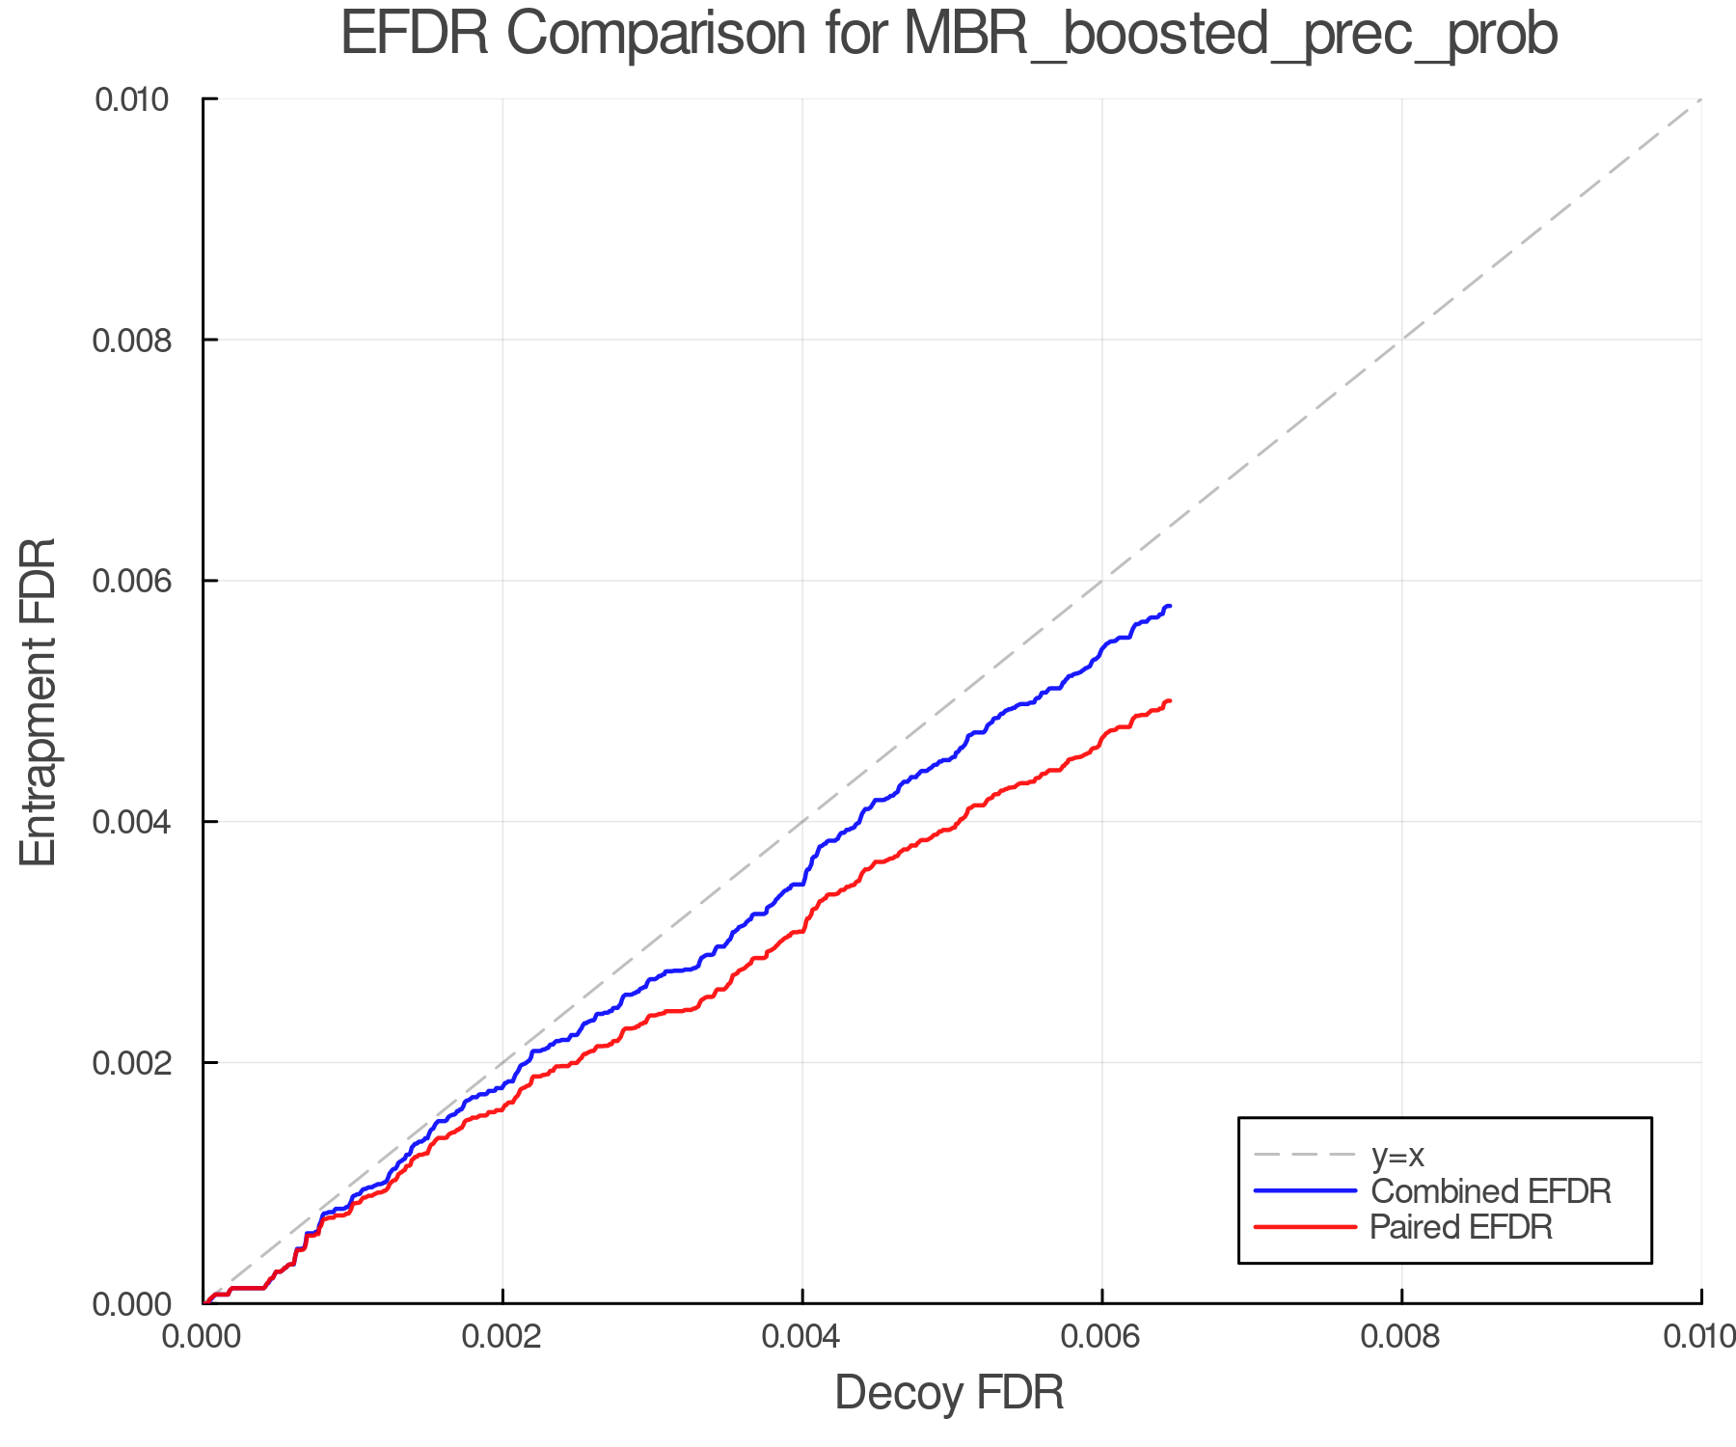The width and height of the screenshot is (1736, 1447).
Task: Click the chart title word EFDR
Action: click(x=414, y=35)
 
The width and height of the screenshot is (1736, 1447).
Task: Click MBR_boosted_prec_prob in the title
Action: click(x=1231, y=37)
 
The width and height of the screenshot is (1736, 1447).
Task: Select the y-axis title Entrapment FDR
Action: click(x=39, y=701)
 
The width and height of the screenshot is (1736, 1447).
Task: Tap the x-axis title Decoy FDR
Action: click(x=949, y=1393)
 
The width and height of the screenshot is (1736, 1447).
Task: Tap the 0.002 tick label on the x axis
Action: click(x=502, y=1336)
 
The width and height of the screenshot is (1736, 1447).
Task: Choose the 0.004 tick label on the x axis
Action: click(x=802, y=1336)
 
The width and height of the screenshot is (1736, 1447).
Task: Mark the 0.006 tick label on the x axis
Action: click(x=1101, y=1336)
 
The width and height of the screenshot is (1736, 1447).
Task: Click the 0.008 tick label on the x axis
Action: click(x=1401, y=1336)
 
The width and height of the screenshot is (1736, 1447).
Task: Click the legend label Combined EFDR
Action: click(x=1491, y=1191)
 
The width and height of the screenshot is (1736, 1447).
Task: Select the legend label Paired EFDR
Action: click(x=1461, y=1227)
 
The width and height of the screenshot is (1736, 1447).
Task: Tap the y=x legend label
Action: click(x=1397, y=1155)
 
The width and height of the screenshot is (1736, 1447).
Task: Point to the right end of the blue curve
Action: click(x=1169, y=606)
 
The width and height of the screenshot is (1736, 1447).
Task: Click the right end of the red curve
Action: click(x=1169, y=701)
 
